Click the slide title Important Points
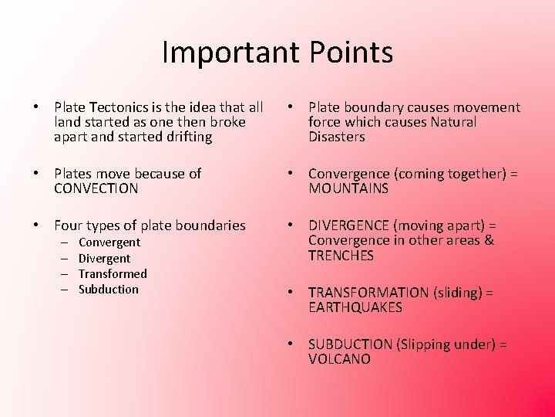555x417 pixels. (x=277, y=53)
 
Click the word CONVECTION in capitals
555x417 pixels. (x=96, y=188)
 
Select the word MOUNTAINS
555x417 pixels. (x=348, y=188)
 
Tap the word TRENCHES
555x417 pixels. (x=341, y=256)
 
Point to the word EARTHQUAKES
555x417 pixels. (x=355, y=307)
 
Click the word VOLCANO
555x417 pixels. (x=339, y=359)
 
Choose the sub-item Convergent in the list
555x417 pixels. (x=109, y=242)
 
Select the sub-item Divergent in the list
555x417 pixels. (x=105, y=259)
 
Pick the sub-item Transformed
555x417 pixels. (x=113, y=274)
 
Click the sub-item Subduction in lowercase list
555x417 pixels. (x=109, y=290)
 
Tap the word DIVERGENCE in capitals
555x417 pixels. (x=348, y=225)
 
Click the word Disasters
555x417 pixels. (x=337, y=137)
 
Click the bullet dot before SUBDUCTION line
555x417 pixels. (x=288, y=344)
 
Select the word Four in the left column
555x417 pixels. (x=69, y=225)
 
